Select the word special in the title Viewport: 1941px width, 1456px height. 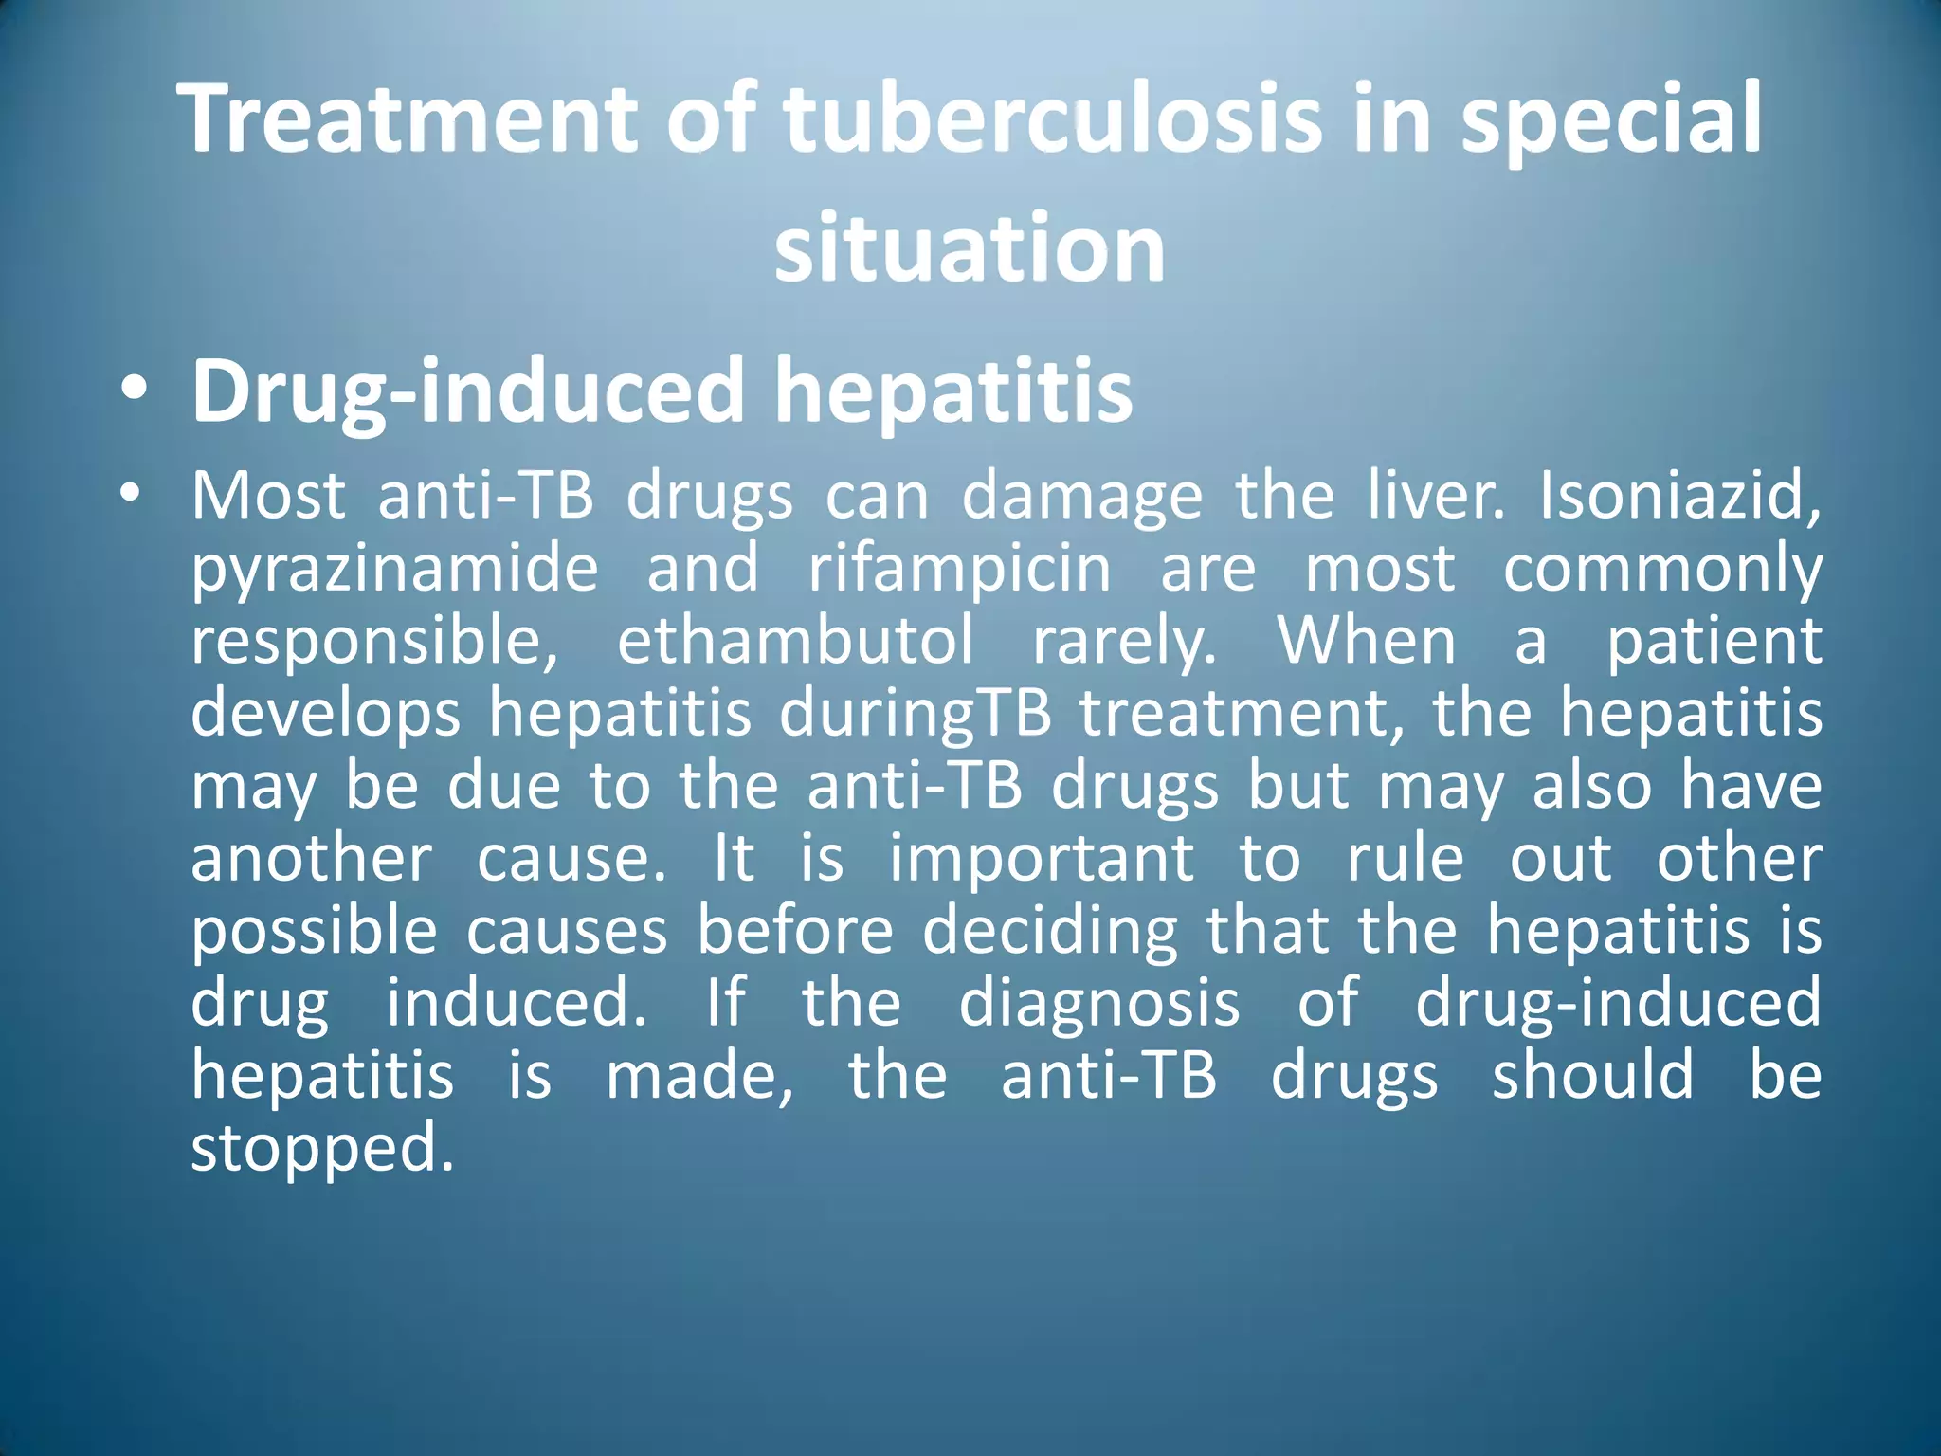click(x=1610, y=119)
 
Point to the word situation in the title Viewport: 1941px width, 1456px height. click(x=970, y=248)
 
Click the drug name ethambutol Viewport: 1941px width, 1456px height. click(x=795, y=641)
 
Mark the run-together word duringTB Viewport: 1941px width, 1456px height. click(x=916, y=715)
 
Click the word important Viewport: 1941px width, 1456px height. click(x=1042, y=859)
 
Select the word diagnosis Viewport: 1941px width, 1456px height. click(x=1099, y=1004)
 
